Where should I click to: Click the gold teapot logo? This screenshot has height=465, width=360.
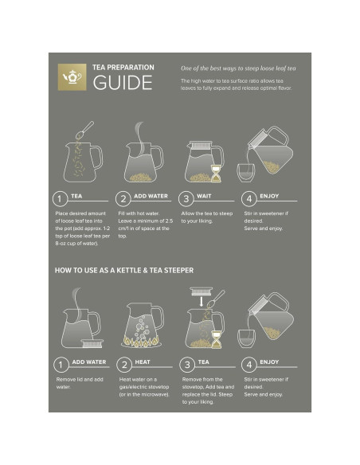[x=72, y=77]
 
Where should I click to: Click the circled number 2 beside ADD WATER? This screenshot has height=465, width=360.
[x=123, y=198]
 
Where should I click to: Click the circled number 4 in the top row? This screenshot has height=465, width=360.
[x=249, y=198]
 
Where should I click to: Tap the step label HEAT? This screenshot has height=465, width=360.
[x=142, y=361]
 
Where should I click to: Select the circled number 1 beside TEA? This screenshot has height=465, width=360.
[x=59, y=198]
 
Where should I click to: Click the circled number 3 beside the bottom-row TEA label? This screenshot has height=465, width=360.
[x=186, y=365]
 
